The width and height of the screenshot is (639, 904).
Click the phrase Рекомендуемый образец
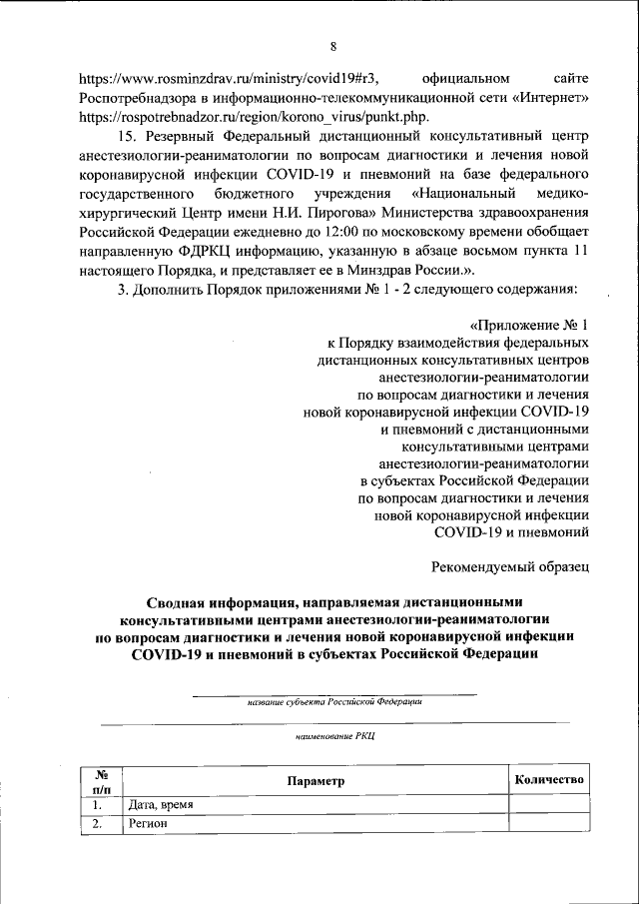pos(511,567)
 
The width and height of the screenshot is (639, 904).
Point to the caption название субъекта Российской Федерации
pos(333,702)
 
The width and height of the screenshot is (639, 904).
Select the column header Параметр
pos(315,781)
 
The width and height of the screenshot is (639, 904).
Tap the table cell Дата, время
pos(155,804)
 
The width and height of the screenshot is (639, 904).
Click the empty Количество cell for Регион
pos(549,825)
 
